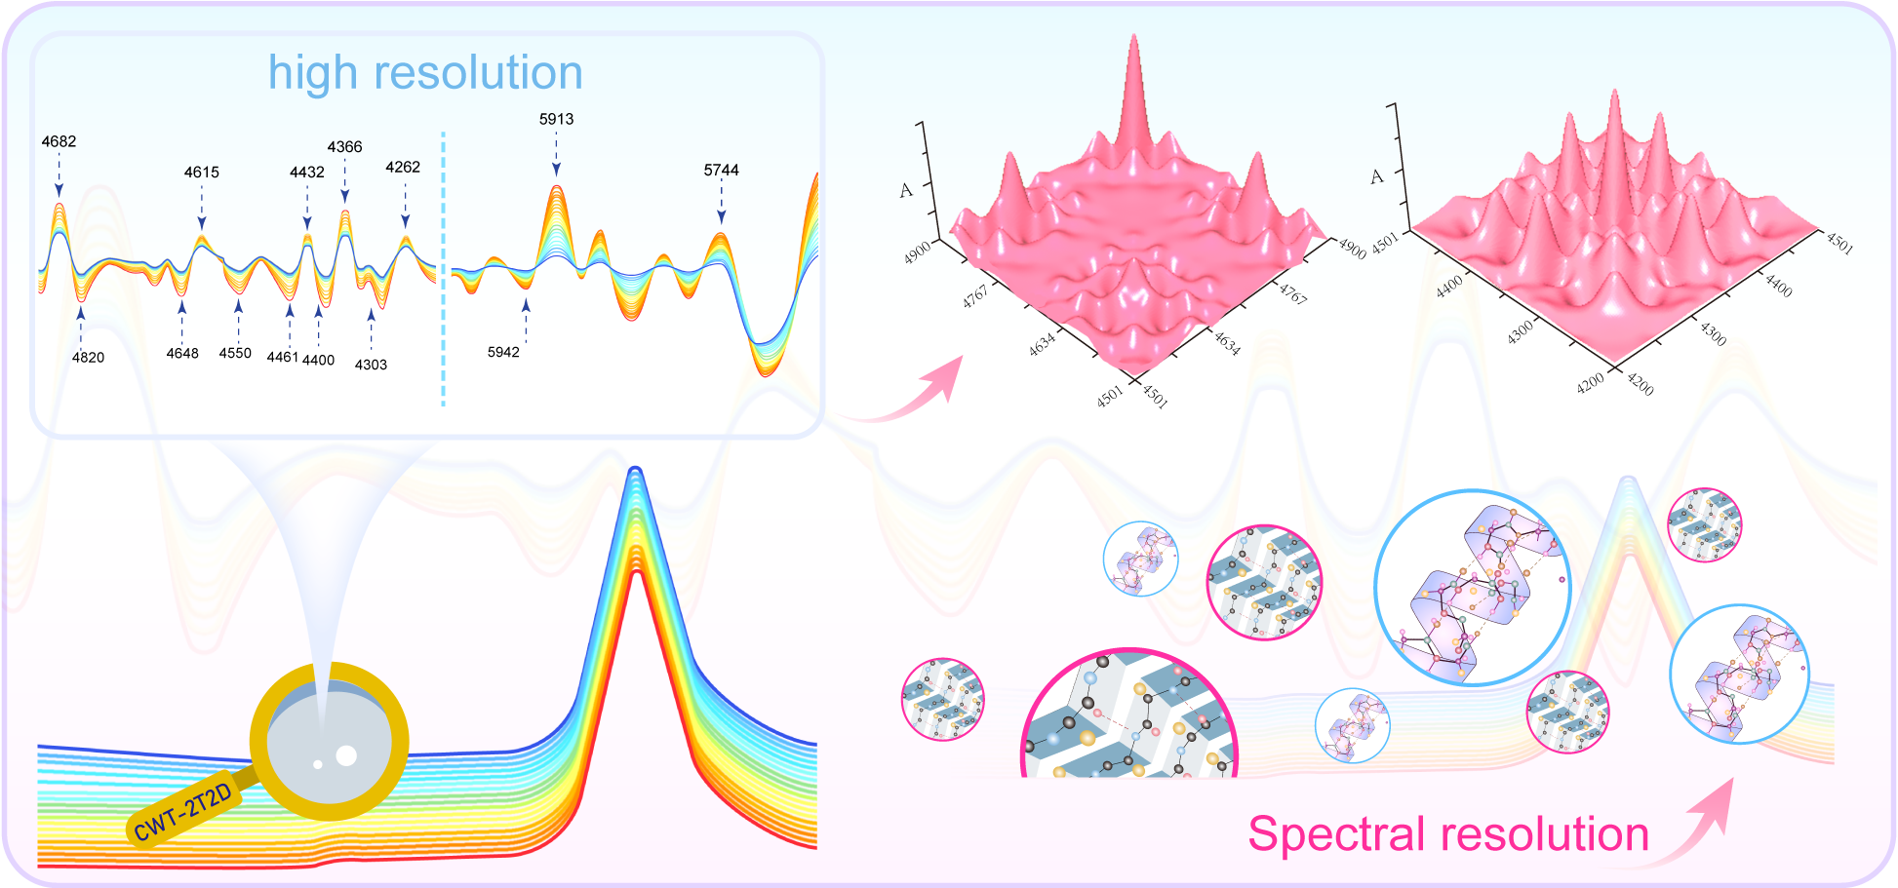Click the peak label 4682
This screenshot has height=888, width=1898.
(x=59, y=141)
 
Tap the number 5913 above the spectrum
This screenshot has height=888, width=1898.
(x=556, y=119)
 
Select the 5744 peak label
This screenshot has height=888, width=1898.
(x=721, y=170)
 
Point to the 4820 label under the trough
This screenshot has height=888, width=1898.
(x=88, y=357)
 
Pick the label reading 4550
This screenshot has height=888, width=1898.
(x=235, y=353)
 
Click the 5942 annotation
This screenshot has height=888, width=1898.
(x=503, y=352)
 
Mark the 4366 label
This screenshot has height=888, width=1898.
(x=344, y=147)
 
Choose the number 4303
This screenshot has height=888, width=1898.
(x=371, y=365)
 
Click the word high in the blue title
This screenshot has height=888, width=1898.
(x=312, y=74)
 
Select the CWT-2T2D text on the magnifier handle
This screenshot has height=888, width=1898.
(x=183, y=812)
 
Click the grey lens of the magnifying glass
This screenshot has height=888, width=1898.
(x=329, y=743)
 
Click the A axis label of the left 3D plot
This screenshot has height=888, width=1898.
(x=906, y=190)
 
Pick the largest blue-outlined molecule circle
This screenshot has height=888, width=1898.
(x=1471, y=587)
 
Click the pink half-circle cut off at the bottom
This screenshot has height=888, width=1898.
(x=1128, y=716)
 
